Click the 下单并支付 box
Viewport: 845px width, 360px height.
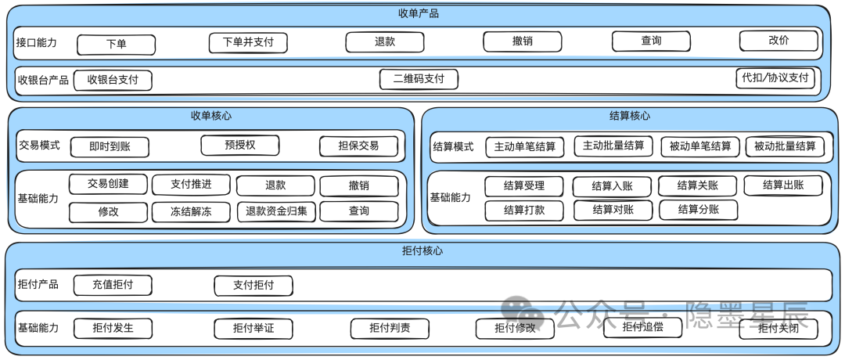(x=248, y=42)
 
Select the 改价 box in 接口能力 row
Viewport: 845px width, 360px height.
(x=778, y=41)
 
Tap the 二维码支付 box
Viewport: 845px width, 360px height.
(x=419, y=79)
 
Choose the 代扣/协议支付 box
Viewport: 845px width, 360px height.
(x=775, y=78)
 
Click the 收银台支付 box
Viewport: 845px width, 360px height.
(x=113, y=80)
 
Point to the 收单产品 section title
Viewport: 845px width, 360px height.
(x=419, y=13)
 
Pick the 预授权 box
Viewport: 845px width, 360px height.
(x=240, y=145)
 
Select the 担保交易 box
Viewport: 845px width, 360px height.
(x=358, y=146)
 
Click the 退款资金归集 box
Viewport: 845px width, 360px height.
(x=276, y=211)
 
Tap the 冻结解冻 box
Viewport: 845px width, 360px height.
(x=191, y=211)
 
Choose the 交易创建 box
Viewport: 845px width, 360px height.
(x=108, y=185)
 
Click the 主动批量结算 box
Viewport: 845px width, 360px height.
(x=613, y=146)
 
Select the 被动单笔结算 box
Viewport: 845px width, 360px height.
(x=700, y=146)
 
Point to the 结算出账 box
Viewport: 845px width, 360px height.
(x=783, y=185)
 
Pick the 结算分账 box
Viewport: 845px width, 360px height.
(x=699, y=210)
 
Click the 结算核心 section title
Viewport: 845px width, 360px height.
(x=629, y=116)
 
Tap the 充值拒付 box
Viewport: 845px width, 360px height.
(x=113, y=285)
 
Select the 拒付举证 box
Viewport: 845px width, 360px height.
(x=253, y=328)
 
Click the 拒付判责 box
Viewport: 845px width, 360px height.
(x=390, y=328)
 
